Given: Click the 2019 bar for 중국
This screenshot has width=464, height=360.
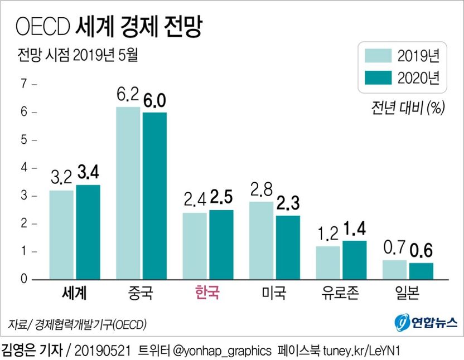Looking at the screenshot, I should tap(128, 193).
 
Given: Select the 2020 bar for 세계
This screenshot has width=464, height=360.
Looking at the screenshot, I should tap(88, 232).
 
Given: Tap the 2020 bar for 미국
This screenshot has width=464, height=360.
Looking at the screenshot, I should tap(288, 247).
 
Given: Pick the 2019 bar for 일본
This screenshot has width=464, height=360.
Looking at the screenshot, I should tap(394, 270).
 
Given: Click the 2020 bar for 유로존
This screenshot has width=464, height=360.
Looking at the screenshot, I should tap(355, 260).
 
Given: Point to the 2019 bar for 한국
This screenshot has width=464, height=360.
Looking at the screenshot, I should tap(195, 246).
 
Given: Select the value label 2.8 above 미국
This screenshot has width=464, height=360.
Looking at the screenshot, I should tap(261, 189).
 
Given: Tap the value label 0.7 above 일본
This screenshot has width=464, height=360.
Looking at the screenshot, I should tap(394, 248).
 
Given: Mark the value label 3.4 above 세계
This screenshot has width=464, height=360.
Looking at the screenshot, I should tap(88, 173).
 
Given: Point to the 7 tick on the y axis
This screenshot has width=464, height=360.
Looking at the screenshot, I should tap(24, 85).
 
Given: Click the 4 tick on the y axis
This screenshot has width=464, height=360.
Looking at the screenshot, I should tap(24, 168).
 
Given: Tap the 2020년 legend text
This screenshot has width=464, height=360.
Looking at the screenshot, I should tap(419, 79).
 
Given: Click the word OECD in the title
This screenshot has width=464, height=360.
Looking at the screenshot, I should tap(42, 26).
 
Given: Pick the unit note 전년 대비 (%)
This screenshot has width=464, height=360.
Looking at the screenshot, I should tap(407, 108).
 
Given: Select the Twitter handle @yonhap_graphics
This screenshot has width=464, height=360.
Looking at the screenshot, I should tap(221, 351).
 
